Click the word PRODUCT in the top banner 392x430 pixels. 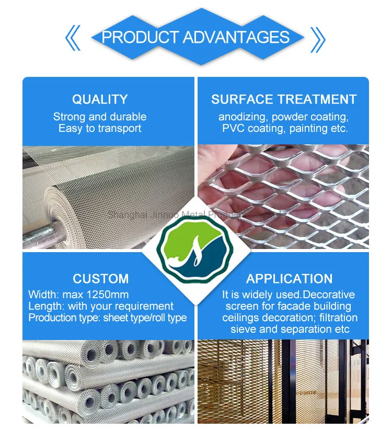point(140,37)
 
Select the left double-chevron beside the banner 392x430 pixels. point(73,38)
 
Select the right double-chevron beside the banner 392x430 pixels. point(317,38)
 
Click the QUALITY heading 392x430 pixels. point(100,99)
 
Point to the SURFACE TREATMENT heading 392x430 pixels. point(284,99)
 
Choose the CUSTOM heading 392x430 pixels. point(100,279)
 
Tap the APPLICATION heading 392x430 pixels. point(289,279)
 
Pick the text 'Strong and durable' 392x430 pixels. point(100,117)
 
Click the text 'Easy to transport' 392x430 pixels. point(100,128)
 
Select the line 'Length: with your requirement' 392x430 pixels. point(101,306)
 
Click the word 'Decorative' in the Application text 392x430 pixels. point(329,295)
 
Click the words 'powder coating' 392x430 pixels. point(307,117)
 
